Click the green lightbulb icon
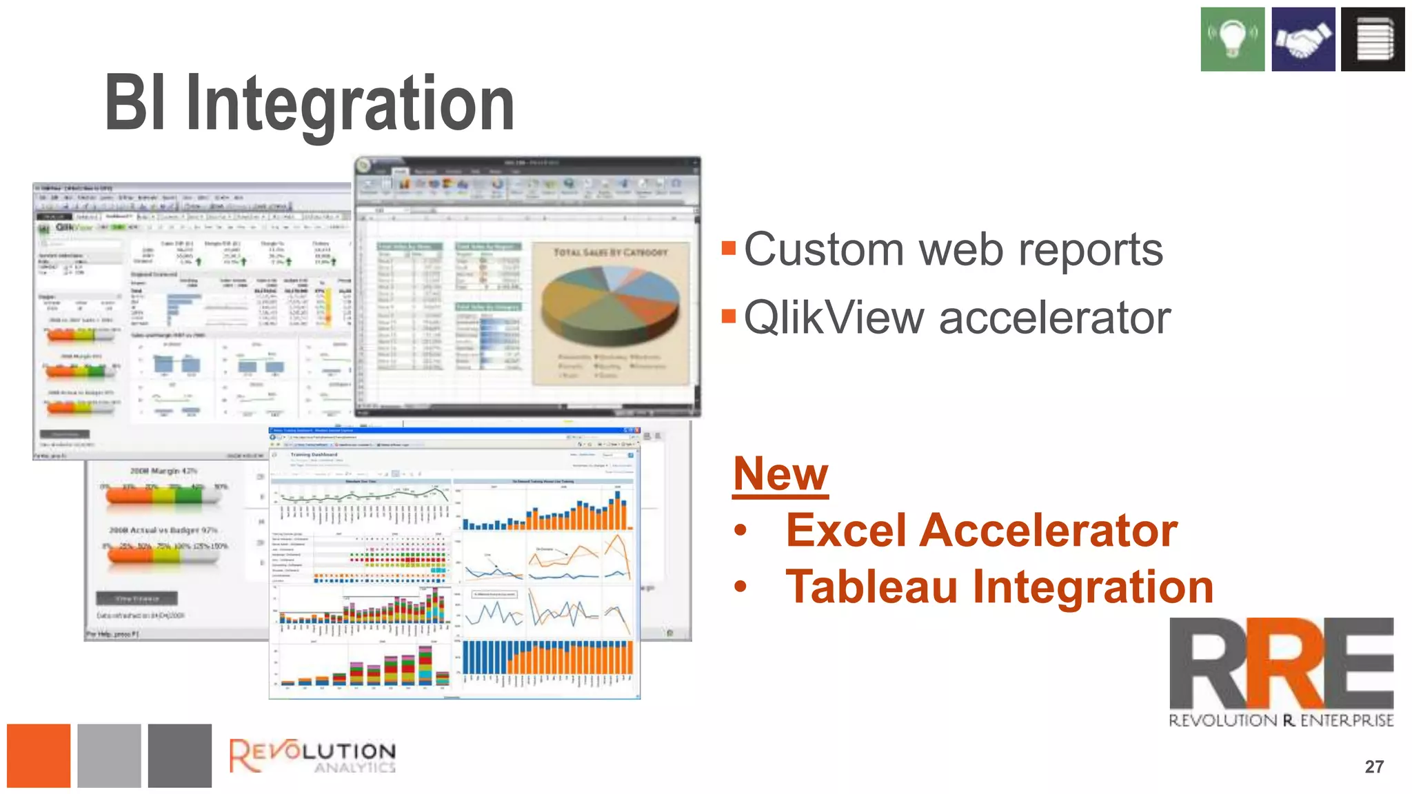1232,39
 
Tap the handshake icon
1303,39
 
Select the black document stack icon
1373,39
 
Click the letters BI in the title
135,103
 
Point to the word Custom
824,250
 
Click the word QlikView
834,318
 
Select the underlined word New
780,474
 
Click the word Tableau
871,587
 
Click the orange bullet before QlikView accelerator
729,316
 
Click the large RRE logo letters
1281,663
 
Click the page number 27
1373,766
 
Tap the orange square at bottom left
39,755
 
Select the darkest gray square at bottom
180,755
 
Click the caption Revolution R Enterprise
1281,721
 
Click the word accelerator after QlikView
1054,318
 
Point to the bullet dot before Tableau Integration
740,587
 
